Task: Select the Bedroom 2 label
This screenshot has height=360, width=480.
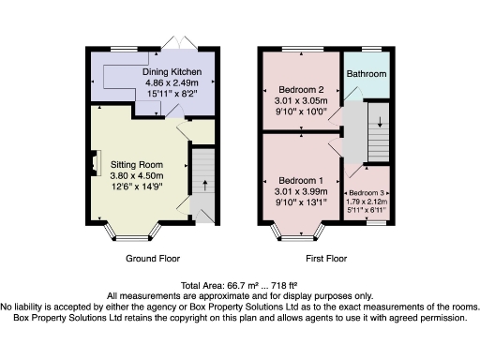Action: tap(301, 91)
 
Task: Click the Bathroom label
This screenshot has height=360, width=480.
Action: tap(367, 73)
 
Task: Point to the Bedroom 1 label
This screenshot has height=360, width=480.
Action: tap(301, 180)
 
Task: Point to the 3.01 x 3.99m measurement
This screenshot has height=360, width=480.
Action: tap(301, 191)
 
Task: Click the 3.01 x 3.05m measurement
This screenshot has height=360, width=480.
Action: tap(301, 102)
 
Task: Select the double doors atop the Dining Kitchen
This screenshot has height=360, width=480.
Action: tap(175, 43)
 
